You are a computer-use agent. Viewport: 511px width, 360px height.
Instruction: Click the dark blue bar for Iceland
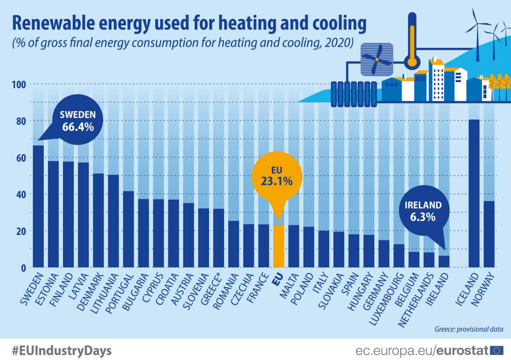(474, 193)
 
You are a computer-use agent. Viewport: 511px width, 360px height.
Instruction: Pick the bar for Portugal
(128, 229)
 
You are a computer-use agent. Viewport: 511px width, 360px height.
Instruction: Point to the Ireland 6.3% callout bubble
(423, 210)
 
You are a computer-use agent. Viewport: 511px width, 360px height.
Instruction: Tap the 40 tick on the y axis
(21, 194)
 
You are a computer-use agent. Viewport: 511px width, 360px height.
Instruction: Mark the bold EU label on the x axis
(277, 281)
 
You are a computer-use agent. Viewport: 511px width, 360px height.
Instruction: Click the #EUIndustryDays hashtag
(62, 351)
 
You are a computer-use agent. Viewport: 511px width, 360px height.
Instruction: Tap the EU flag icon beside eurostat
(496, 350)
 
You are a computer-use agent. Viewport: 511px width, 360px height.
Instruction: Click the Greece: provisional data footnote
(469, 329)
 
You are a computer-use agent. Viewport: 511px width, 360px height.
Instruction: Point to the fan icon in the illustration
(376, 61)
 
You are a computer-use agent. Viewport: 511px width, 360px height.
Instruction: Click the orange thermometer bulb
(411, 61)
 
